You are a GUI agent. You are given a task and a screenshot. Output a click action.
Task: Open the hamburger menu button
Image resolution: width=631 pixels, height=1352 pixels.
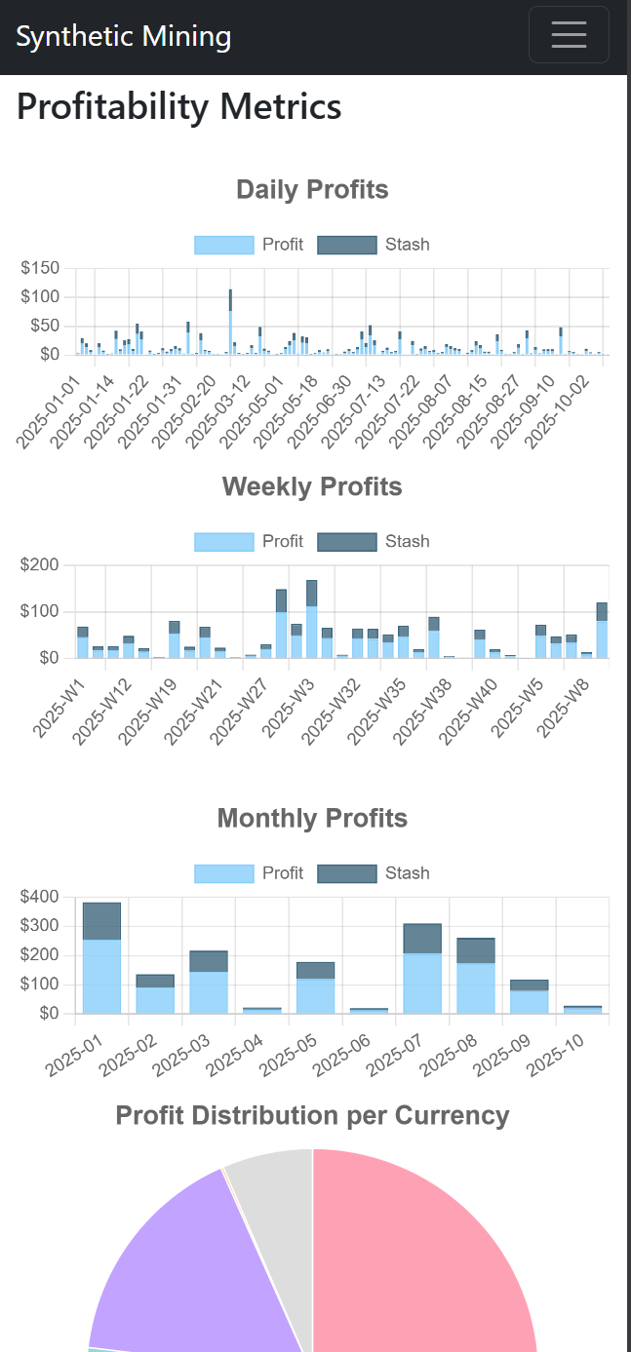(x=569, y=35)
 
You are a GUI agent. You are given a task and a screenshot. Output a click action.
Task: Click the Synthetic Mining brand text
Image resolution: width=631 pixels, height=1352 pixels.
(x=124, y=37)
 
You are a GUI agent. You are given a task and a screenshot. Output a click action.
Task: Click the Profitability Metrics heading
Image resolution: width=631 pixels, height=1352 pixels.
(x=178, y=106)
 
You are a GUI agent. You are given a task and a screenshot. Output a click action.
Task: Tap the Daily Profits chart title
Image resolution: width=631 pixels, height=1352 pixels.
(x=312, y=189)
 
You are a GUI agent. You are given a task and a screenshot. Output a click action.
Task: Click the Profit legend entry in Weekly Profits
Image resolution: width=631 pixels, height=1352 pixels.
(x=249, y=542)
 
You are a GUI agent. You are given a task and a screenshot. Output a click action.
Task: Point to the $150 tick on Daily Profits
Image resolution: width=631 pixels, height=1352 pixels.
(x=40, y=268)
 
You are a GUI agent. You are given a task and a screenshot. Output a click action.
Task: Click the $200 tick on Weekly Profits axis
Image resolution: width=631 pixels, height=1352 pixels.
(x=40, y=565)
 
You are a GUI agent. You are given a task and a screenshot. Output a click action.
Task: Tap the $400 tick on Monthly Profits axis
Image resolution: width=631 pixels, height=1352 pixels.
(x=40, y=897)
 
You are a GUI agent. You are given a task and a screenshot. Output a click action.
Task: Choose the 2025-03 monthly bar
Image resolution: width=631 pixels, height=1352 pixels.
(x=209, y=983)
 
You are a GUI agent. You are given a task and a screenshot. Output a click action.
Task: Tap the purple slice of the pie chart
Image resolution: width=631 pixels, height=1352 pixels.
(x=195, y=1267)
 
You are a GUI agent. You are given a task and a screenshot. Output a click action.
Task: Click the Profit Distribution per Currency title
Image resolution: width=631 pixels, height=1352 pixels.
(x=312, y=1115)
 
